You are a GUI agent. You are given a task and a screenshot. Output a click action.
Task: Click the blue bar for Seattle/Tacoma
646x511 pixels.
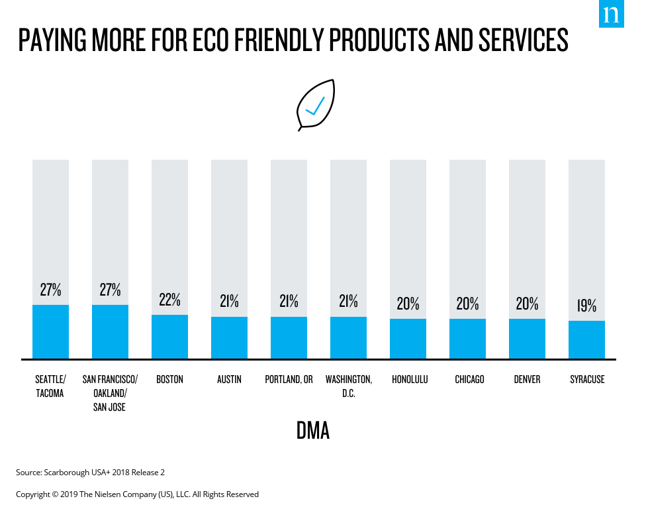click(x=50, y=331)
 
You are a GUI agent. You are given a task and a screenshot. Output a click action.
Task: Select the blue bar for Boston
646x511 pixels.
click(x=169, y=337)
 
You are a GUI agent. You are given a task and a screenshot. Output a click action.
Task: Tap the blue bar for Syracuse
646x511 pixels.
click(x=586, y=339)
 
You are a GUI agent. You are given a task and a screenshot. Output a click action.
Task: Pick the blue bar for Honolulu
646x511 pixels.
click(x=408, y=339)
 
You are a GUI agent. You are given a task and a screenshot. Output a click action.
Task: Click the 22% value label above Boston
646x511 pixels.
click(x=169, y=300)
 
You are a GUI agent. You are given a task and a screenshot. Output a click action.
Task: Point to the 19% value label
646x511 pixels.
click(x=586, y=306)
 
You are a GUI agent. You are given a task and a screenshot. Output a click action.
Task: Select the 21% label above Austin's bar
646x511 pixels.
click(x=229, y=301)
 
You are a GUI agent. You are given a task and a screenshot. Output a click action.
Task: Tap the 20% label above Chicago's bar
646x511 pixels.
click(x=467, y=304)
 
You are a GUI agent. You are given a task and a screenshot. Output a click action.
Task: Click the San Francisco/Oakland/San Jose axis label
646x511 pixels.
click(x=110, y=393)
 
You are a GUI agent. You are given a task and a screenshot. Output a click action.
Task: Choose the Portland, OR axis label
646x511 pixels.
click(x=289, y=380)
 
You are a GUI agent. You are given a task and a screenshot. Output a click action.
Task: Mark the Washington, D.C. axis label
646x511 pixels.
click(x=348, y=386)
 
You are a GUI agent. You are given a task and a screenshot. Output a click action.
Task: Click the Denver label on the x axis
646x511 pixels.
click(x=527, y=380)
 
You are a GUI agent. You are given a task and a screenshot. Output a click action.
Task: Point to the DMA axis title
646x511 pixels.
click(x=313, y=431)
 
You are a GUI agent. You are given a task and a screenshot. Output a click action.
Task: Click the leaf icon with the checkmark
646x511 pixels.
click(x=316, y=105)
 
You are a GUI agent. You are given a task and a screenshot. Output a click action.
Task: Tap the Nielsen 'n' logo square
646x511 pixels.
click(x=612, y=14)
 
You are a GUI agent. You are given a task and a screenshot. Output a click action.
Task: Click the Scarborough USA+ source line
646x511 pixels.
click(x=90, y=473)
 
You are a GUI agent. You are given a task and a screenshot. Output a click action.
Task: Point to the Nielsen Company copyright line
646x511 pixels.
click(x=137, y=494)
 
